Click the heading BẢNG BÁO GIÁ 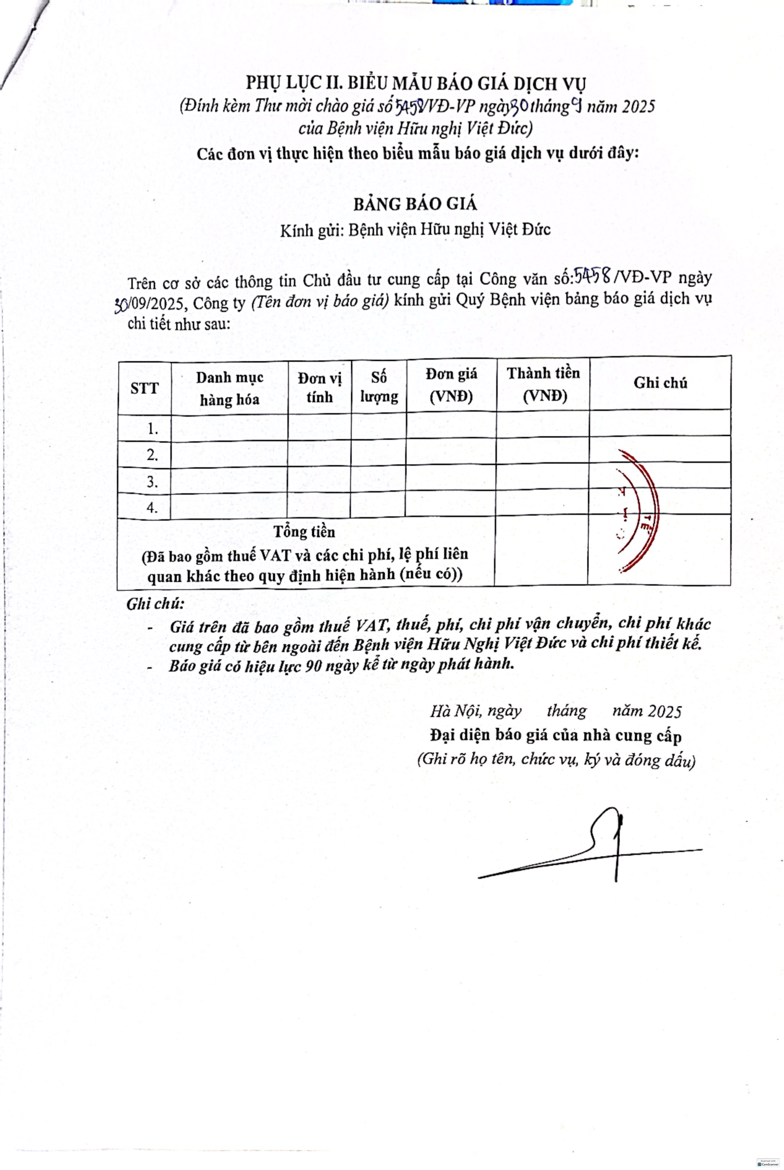[x=415, y=204]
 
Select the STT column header [x=145, y=388]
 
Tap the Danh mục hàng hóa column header [x=230, y=388]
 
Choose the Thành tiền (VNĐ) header [x=543, y=384]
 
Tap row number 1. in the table [x=153, y=429]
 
